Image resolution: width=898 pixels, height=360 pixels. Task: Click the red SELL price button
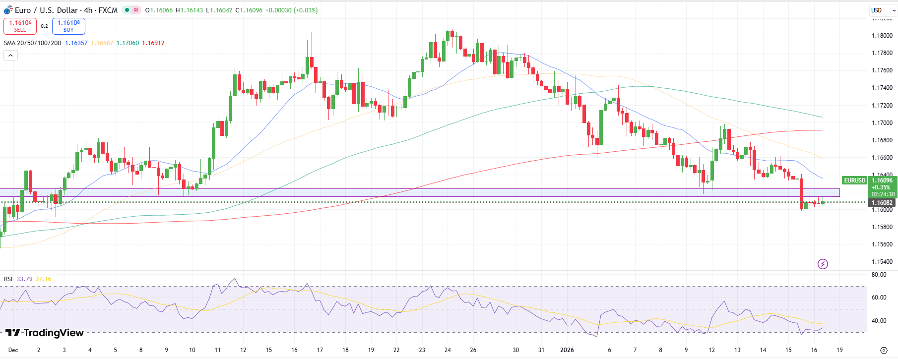tap(20, 26)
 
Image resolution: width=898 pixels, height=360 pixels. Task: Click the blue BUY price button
tap(68, 26)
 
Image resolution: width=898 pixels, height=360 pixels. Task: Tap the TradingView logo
tap(45, 333)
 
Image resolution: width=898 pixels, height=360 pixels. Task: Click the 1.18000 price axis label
tap(882, 36)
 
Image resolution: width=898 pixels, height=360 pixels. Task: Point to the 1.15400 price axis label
tap(882, 262)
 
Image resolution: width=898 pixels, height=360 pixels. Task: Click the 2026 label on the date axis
tap(567, 350)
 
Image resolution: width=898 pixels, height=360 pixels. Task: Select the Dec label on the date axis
tap(13, 350)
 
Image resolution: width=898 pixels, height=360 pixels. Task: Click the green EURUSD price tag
tap(854, 180)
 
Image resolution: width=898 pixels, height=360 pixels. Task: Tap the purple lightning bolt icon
tap(823, 264)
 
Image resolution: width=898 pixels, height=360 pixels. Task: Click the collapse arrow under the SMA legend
tap(10, 56)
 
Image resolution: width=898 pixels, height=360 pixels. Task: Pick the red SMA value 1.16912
tap(153, 43)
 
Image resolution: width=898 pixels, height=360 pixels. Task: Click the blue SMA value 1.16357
tap(76, 43)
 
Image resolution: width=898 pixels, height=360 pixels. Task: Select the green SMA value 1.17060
tap(128, 43)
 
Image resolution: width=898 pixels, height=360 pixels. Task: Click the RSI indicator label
tap(8, 279)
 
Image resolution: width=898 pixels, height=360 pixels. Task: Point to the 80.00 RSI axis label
tap(879, 275)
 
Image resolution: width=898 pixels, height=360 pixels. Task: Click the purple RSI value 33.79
tap(24, 279)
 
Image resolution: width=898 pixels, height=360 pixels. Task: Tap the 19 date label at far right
tap(839, 350)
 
